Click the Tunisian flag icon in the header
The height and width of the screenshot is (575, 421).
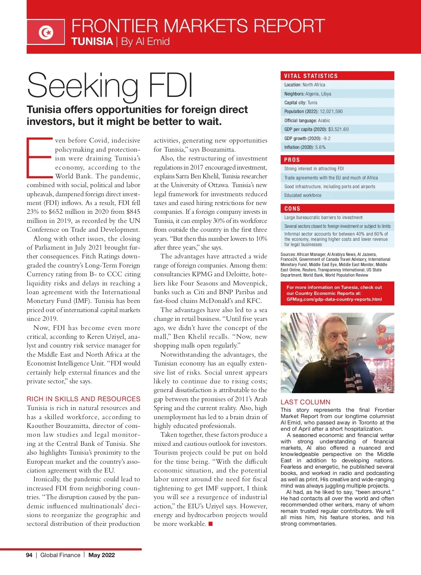click(46, 32)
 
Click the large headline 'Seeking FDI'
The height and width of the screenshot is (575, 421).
click(110, 85)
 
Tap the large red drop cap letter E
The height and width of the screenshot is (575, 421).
click(40, 158)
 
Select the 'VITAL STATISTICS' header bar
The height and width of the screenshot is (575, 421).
click(337, 76)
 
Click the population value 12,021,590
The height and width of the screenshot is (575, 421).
click(331, 112)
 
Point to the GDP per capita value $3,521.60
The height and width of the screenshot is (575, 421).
click(338, 130)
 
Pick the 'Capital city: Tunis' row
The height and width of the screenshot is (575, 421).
click(301, 103)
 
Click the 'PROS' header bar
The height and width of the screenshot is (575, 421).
click(337, 160)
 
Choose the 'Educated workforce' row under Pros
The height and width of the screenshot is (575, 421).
click(303, 196)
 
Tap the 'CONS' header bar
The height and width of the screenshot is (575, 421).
click(337, 209)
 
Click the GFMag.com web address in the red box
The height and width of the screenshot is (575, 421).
click(334, 299)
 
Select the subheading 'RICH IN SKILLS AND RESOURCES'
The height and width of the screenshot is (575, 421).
click(83, 399)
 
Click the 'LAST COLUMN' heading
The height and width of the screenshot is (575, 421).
click(305, 402)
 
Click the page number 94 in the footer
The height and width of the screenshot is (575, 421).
click(29, 555)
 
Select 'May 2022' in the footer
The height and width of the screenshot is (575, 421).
click(101, 555)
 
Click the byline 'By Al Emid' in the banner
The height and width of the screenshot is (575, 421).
click(145, 42)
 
